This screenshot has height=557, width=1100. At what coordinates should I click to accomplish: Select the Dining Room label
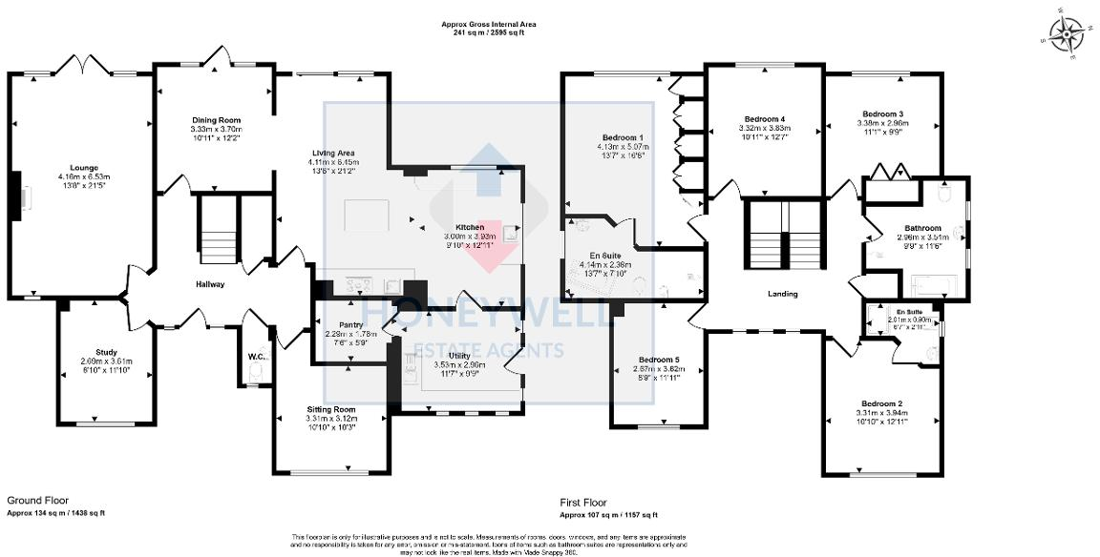click(216, 119)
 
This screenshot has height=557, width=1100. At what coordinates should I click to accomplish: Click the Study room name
click(105, 352)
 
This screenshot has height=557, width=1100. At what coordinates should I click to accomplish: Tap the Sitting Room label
click(330, 409)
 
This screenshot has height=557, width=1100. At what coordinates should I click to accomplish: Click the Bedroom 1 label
click(622, 137)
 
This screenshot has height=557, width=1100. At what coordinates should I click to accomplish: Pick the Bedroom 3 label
click(881, 113)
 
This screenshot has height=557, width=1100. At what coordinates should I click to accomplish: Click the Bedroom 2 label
click(881, 403)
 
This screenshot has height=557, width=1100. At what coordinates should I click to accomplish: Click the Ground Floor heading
click(37, 500)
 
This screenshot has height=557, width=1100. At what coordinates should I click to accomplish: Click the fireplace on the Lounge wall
click(16, 197)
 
